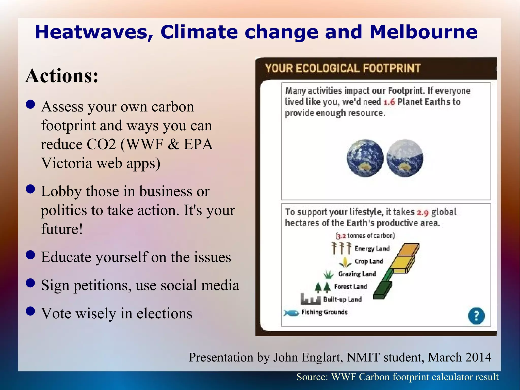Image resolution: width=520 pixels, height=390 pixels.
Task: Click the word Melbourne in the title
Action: coord(423,32)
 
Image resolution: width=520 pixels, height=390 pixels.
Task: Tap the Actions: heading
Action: coord(62,76)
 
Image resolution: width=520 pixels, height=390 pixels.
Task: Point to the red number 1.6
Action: coord(389,102)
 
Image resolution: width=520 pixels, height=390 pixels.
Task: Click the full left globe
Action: coord(365,158)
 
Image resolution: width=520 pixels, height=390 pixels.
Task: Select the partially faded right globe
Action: coord(405,158)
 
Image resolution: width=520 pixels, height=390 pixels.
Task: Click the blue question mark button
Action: coord(476,316)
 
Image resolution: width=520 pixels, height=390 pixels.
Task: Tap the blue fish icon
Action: coord(291,313)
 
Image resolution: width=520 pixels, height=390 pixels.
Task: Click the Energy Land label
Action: coord(372,248)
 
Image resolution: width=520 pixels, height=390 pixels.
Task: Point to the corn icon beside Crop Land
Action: coord(345,262)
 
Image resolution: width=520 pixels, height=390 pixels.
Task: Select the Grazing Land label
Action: coord(357,274)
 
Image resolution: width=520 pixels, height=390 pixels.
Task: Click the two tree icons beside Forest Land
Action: coord(322,287)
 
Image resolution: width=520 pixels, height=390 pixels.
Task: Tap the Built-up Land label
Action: coord(342,299)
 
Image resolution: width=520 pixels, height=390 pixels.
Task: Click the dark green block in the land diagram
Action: coord(383,290)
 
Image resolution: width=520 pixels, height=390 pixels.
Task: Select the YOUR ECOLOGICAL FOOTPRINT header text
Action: coord(343,69)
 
